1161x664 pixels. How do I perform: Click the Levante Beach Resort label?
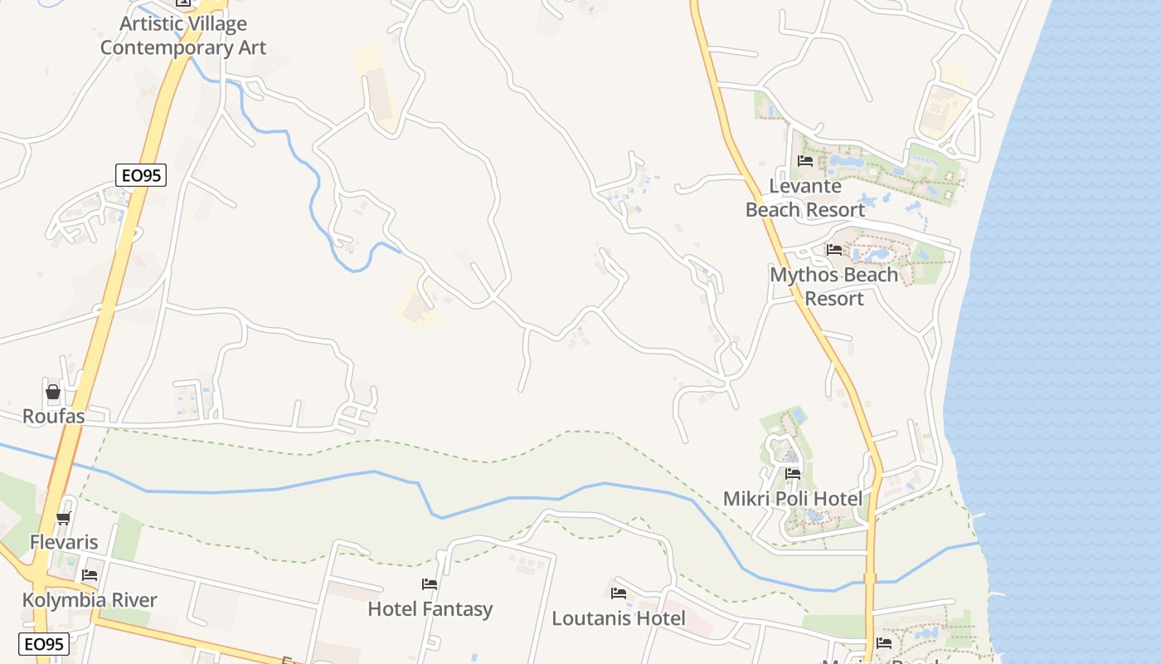click(804, 198)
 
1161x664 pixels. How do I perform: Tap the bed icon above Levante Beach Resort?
click(804, 161)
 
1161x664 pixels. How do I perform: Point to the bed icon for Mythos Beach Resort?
click(833, 249)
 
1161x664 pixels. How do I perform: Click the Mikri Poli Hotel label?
click(792, 499)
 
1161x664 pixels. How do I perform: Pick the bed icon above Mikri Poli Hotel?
click(793, 474)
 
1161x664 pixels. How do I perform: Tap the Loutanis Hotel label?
click(619, 618)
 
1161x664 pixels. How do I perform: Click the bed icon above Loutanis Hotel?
click(618, 593)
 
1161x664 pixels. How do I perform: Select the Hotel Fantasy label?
click(430, 609)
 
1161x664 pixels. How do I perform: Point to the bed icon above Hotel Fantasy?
click(430, 584)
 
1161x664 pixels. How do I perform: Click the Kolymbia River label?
click(90, 600)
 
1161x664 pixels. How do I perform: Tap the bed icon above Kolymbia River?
click(90, 575)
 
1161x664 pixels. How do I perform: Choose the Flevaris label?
click(64, 543)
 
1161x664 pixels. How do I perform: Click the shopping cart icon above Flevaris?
click(63, 519)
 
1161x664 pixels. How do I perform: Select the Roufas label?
click(53, 417)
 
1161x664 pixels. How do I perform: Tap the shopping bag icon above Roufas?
click(53, 392)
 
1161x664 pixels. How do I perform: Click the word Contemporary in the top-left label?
click(153, 47)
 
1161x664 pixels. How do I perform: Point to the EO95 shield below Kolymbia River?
click(44, 644)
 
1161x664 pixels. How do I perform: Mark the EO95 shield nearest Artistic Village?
click(141, 175)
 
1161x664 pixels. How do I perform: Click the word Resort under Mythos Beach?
click(834, 299)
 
